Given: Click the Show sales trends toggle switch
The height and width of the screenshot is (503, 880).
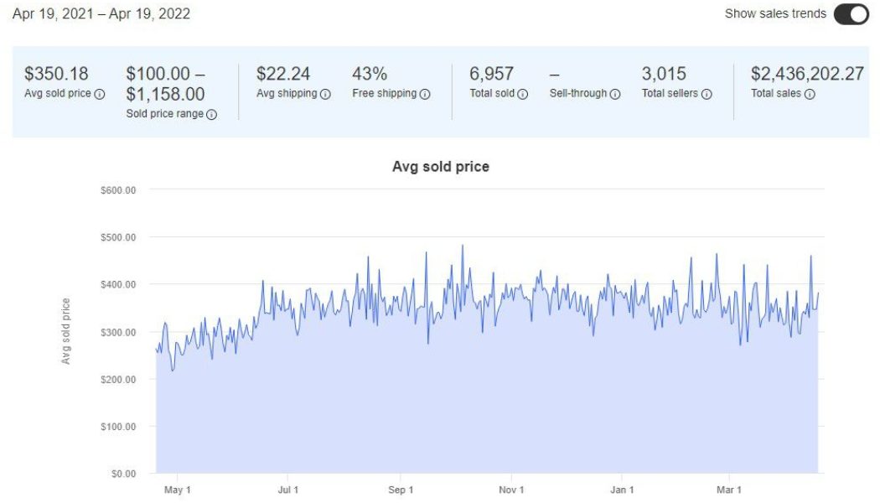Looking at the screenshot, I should pyautogui.click(x=851, y=14).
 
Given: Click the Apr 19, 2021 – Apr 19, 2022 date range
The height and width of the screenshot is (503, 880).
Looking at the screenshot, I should pyautogui.click(x=101, y=14).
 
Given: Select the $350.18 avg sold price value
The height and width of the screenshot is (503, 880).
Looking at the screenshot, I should pyautogui.click(x=56, y=74).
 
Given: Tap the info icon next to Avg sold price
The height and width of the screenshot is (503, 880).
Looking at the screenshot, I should pyautogui.click(x=100, y=94).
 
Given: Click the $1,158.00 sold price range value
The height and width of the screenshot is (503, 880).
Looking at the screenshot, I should pyautogui.click(x=165, y=94).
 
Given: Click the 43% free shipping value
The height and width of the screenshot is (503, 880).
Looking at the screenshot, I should pyautogui.click(x=370, y=74).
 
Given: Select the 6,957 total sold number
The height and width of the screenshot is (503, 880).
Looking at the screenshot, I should pyautogui.click(x=491, y=74).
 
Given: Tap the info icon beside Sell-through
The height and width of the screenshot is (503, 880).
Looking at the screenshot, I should pyautogui.click(x=615, y=94).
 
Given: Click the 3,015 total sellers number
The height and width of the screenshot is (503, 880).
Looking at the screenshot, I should pyautogui.click(x=664, y=74).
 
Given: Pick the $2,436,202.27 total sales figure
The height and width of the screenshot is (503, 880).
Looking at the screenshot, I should pyautogui.click(x=807, y=74).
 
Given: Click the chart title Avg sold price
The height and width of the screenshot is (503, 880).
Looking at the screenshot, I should pyautogui.click(x=440, y=167).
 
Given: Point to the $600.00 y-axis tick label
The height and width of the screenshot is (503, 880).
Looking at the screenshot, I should pyautogui.click(x=117, y=190).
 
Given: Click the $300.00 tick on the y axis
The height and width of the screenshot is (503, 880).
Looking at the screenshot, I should pyautogui.click(x=117, y=332).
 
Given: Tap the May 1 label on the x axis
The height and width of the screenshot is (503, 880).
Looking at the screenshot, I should pyautogui.click(x=177, y=490).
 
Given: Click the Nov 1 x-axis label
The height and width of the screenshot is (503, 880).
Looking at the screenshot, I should pyautogui.click(x=511, y=490).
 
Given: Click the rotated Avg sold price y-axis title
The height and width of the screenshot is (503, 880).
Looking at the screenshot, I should pyautogui.click(x=66, y=331).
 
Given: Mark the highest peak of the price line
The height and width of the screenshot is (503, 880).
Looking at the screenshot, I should pyautogui.click(x=463, y=246).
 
